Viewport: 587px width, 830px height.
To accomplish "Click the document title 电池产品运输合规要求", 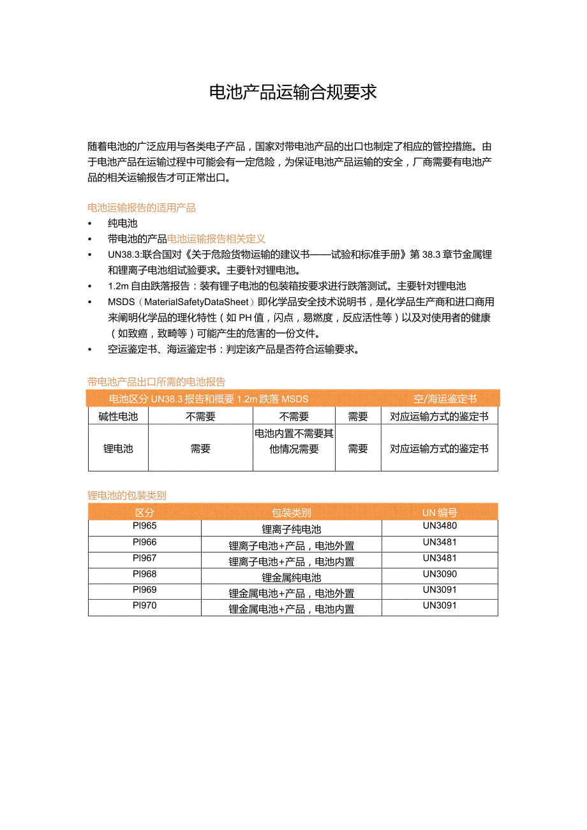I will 293,93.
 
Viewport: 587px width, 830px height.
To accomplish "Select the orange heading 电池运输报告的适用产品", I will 141,207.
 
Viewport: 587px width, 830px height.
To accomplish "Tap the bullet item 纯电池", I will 123,223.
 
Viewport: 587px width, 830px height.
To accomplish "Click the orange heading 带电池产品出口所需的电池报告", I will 156,382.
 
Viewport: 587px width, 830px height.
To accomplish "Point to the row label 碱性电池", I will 118,417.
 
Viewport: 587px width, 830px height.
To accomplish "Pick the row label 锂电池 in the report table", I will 118,448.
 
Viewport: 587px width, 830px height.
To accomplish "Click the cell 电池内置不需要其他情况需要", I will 294,441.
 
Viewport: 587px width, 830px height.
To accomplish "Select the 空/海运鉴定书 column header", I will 445,399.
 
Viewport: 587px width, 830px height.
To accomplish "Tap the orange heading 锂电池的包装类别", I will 126,495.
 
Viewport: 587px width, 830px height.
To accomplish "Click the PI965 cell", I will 145,526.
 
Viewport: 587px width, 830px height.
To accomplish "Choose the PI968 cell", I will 145,574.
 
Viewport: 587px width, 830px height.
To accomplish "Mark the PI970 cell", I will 145,605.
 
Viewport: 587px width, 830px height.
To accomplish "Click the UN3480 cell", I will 440,526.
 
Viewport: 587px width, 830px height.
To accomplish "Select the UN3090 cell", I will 440,574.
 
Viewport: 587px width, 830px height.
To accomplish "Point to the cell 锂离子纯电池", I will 292,529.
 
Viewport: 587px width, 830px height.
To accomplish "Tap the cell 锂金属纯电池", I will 292,577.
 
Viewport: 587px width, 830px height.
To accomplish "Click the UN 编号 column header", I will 440,512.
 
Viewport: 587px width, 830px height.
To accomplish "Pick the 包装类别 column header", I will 292,512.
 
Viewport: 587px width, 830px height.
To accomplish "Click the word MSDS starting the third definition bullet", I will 121,302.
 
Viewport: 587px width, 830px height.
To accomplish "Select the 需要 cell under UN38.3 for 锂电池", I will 200,448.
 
